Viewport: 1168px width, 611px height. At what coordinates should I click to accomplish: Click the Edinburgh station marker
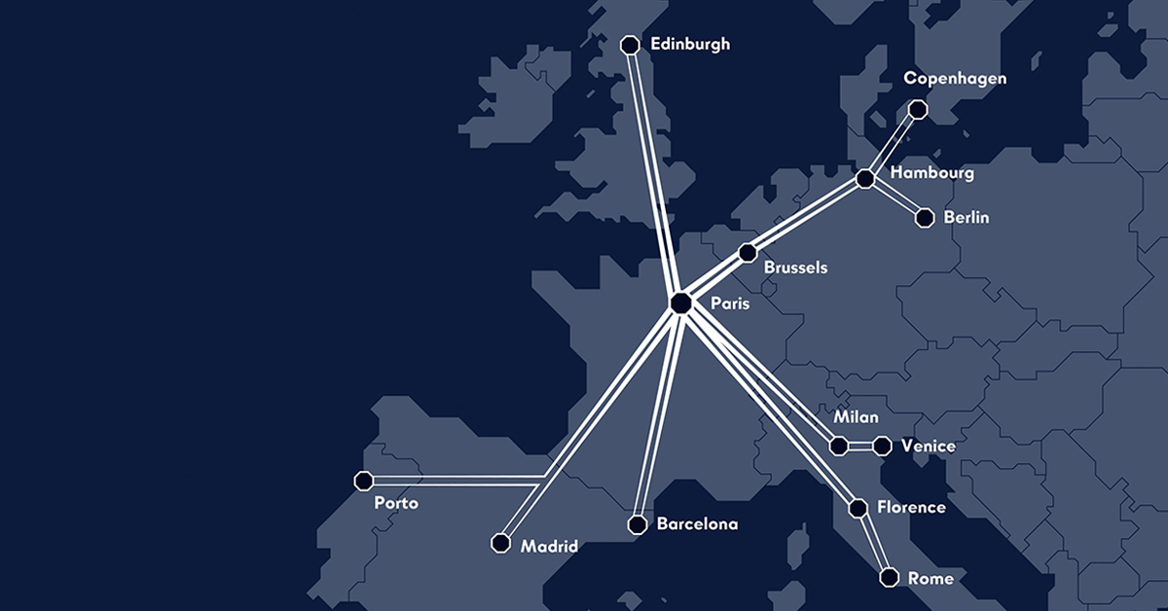630,45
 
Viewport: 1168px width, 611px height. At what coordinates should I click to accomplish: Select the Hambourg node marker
864,179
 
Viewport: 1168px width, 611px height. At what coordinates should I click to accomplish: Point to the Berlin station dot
925,218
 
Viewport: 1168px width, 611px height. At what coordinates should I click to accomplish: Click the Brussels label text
796,267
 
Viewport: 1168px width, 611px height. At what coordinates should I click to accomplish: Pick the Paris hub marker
681,304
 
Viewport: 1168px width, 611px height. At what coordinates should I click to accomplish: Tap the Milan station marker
838,447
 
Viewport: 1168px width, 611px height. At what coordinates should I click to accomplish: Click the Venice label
928,447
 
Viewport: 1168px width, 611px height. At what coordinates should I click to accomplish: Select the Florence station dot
858,508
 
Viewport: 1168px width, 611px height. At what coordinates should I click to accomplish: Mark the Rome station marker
889,578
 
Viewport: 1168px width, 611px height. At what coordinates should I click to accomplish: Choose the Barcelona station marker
638,525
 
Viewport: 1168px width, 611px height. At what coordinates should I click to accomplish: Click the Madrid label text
549,547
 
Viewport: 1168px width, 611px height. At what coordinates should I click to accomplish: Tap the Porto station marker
364,481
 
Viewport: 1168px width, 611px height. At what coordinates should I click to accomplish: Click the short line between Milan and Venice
860,447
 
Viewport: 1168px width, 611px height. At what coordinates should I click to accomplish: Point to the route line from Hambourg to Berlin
895,199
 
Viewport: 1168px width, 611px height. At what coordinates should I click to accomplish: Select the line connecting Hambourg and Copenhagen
892,144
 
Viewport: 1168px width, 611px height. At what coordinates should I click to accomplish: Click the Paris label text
730,305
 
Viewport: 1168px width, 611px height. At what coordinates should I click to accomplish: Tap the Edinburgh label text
690,45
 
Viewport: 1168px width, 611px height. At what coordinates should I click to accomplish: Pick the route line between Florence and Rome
873,543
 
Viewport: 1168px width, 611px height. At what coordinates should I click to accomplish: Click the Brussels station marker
748,253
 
